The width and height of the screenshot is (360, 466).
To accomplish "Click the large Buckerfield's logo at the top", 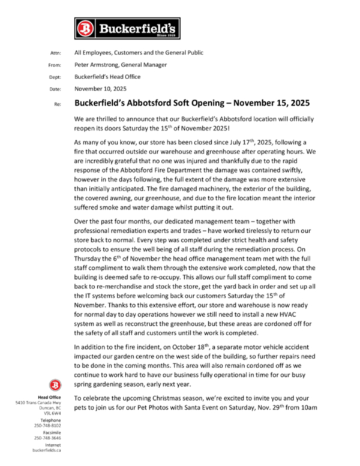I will (x=127, y=28).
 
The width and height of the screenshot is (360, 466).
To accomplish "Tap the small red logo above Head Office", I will (x=55, y=384).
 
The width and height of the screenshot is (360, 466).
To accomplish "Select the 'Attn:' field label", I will (x=56, y=53).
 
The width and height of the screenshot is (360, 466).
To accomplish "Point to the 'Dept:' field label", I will (x=55, y=77).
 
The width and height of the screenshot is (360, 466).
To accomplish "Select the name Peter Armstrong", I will (x=98, y=65).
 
